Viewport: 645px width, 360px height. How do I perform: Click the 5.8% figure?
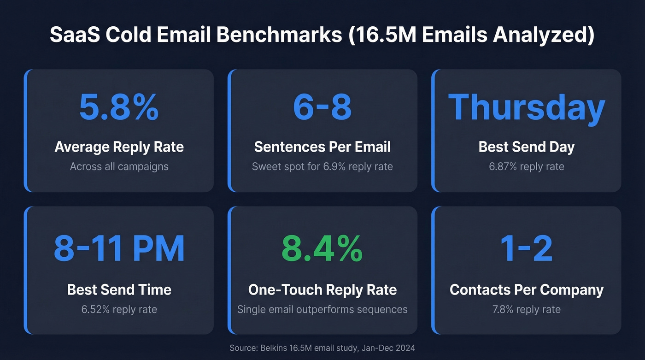coord(119,107)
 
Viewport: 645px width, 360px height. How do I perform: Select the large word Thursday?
coord(526,107)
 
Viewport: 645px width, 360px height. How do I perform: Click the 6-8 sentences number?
coord(322,107)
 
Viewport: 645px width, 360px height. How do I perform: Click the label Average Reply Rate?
coord(119,147)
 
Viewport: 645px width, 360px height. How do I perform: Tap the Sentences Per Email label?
coord(322,147)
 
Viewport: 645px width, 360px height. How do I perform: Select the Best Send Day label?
coord(526,147)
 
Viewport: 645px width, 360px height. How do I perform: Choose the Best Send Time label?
coord(119,289)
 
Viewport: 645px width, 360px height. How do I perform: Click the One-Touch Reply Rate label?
coord(322,289)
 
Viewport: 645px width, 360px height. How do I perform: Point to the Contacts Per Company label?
coord(526,289)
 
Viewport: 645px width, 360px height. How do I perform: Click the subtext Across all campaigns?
coord(119,166)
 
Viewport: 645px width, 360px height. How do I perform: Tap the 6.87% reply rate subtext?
coord(526,166)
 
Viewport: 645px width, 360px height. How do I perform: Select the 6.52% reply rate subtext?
coord(119,309)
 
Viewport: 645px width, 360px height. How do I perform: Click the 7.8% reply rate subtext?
coord(526,309)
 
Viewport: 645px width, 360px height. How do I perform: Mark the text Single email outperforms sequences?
coord(322,309)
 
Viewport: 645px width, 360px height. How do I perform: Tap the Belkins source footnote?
coord(322,348)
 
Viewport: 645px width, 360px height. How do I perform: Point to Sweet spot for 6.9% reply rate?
coord(322,166)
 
